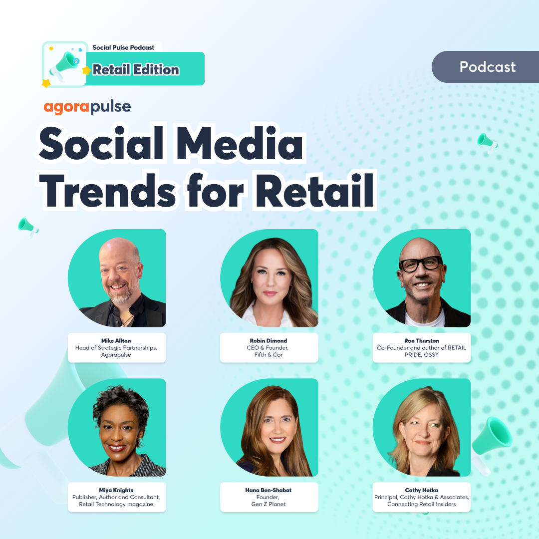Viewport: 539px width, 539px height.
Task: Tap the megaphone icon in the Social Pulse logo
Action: (x=66, y=64)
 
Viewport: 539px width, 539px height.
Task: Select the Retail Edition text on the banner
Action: (x=136, y=70)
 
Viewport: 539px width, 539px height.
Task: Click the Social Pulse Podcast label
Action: (x=123, y=47)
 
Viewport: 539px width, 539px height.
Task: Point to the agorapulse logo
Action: (x=87, y=106)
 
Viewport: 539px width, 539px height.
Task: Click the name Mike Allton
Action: (x=116, y=341)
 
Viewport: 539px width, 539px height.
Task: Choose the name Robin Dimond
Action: (x=269, y=341)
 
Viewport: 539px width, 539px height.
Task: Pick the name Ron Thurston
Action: (x=421, y=341)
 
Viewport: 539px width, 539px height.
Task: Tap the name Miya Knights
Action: (x=116, y=490)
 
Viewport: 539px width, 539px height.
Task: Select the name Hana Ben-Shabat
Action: (x=269, y=490)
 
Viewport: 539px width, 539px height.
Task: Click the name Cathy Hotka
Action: (x=421, y=490)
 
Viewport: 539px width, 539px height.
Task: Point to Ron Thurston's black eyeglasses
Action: (x=421, y=264)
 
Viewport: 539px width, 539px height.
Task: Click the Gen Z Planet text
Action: (x=269, y=504)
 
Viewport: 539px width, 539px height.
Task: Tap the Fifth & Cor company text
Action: (x=269, y=354)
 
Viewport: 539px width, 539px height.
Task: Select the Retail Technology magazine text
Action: (x=116, y=504)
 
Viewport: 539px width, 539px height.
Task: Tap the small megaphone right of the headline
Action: (x=487, y=142)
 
